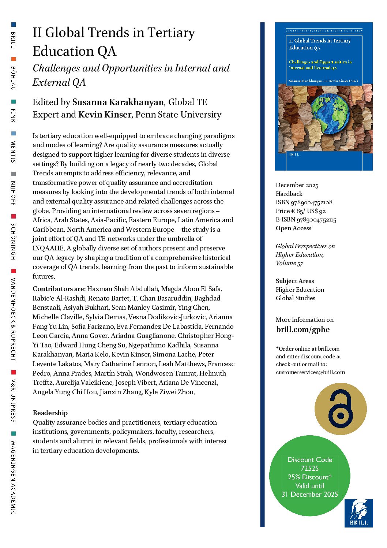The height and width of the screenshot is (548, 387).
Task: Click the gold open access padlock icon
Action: [341, 409]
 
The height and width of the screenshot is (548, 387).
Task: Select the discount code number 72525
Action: [309, 468]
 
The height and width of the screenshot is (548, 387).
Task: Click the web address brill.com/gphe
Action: [303, 329]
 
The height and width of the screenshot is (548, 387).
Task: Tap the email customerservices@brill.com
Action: [310, 372]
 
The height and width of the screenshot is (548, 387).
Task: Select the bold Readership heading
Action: [50, 413]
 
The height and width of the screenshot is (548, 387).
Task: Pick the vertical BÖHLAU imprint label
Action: [13, 78]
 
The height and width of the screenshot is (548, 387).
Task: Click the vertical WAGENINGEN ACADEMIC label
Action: [13, 477]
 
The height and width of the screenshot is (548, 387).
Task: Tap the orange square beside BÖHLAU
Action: [14, 59]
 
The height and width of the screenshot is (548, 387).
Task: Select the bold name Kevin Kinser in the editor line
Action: [104, 115]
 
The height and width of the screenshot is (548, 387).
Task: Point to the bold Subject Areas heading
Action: [295, 281]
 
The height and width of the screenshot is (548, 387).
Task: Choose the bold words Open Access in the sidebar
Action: [293, 228]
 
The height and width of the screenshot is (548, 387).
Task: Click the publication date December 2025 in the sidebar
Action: [297, 185]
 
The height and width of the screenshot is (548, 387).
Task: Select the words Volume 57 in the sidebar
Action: [289, 263]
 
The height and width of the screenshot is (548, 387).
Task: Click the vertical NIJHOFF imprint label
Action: [13, 193]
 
